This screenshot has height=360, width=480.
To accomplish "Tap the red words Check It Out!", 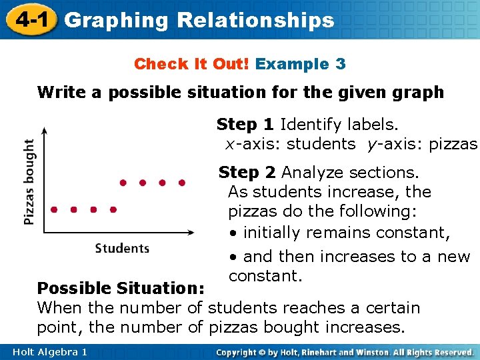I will coord(192,65).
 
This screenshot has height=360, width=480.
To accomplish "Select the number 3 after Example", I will coord(340,65).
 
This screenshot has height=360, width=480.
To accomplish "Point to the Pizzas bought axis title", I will coord(29,181).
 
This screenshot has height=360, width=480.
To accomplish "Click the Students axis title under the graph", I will coord(122,248).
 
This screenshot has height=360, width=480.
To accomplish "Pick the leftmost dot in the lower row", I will coord(53,209).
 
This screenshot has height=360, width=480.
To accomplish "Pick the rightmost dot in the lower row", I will coord(113,209).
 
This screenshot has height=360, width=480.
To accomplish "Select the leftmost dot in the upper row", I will coord(122,182).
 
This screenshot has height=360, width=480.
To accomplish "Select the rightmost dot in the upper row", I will coord(182,182).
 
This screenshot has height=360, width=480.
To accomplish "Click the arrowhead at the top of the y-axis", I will coord(43,130).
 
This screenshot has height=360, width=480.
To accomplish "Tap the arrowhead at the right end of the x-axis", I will coord(193,233).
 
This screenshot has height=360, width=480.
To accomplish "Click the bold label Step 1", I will coord(245,125).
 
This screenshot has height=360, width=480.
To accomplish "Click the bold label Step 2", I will coord(247,173).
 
